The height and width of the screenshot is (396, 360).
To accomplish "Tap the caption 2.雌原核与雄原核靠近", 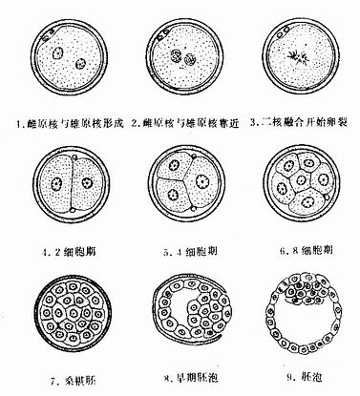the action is pyautogui.click(x=180, y=121).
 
